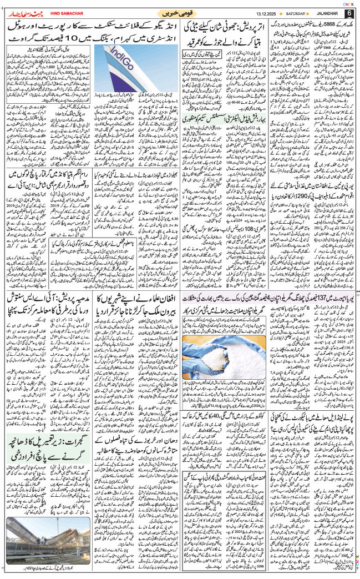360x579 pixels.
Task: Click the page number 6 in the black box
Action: [x=349, y=13]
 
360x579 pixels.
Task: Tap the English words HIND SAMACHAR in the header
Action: [x=67, y=13]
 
